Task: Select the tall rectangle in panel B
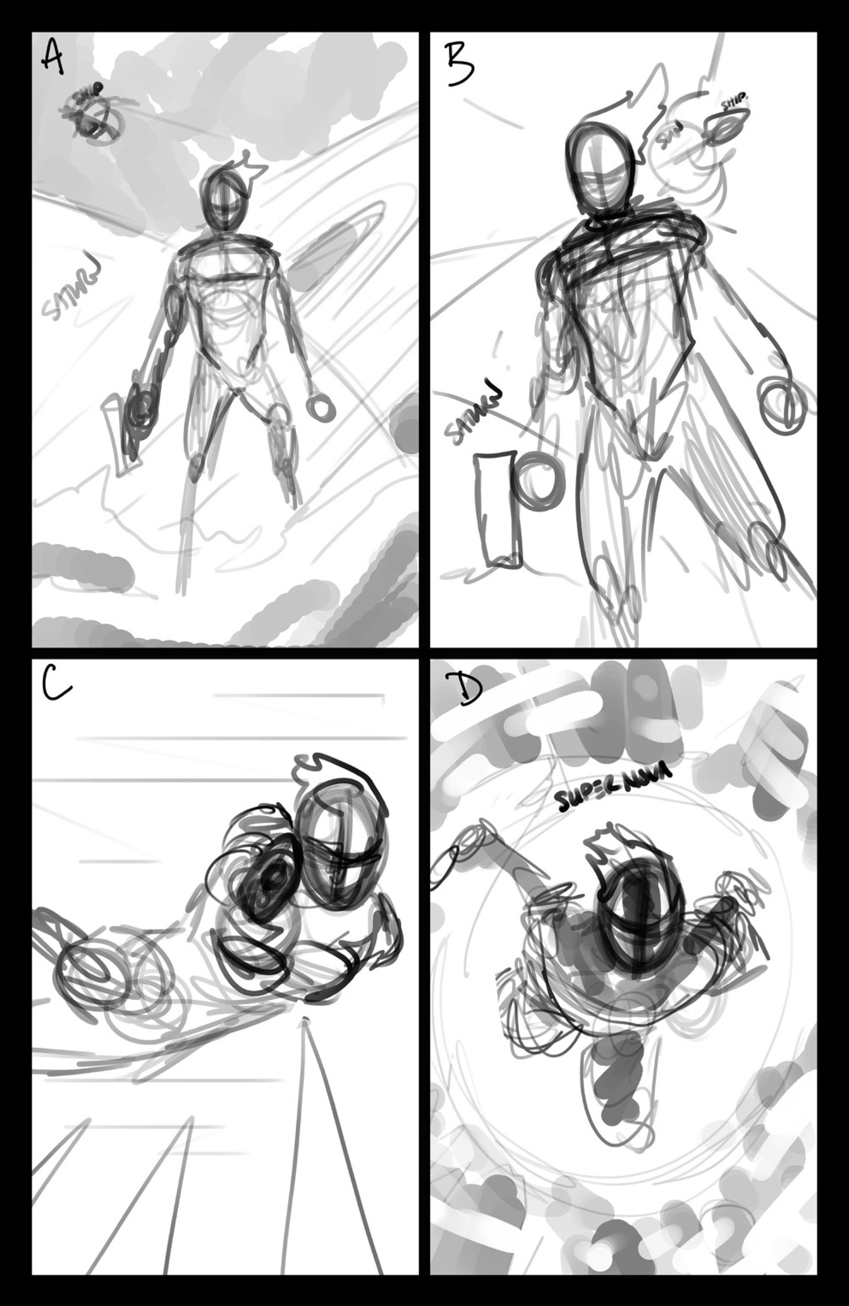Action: coord(496,508)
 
